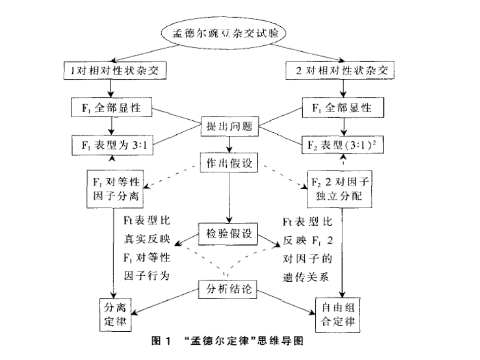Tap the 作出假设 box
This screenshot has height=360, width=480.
tap(230, 163)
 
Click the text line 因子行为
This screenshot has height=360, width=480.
tap(147, 276)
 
